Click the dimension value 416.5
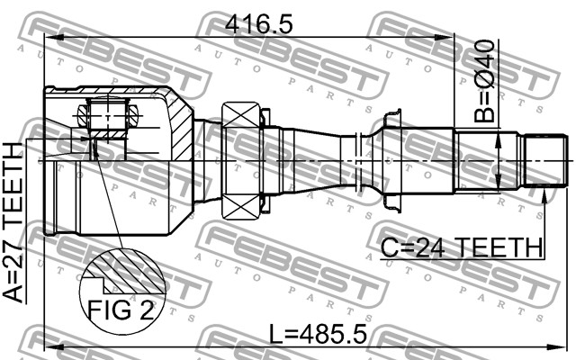pyautogui.click(x=259, y=25)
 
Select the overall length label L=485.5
pyautogui.click(x=318, y=334)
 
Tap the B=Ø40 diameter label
pyautogui.click(x=484, y=81)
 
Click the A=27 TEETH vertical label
pyautogui.click(x=13, y=223)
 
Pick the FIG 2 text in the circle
pyautogui.click(x=121, y=310)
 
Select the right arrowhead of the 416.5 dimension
pyautogui.click(x=445, y=37)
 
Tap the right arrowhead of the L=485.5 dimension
pyautogui.click(x=557, y=347)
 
